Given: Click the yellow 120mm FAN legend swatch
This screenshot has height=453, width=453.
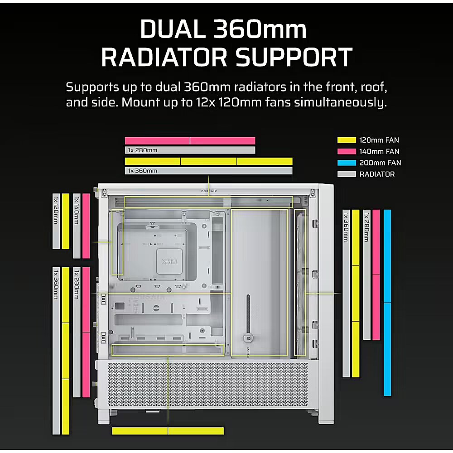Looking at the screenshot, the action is [347, 140].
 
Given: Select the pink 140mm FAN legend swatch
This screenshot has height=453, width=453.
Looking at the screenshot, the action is [347, 151].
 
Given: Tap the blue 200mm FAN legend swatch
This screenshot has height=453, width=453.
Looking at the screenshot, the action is [347, 163].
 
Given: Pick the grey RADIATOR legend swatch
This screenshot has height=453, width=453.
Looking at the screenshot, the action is [347, 174].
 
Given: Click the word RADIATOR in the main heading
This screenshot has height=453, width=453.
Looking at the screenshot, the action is [164, 57].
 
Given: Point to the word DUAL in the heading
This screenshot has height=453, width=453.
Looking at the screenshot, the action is [173, 29].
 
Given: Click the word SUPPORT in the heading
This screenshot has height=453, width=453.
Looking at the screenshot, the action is [294, 57].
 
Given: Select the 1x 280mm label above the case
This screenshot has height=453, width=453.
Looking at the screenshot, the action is [143, 150].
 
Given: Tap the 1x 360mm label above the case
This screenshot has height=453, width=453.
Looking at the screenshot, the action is [143, 171].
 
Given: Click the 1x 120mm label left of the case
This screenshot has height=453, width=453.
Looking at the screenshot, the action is [56, 210].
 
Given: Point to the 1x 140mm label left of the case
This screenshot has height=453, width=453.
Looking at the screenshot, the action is [77, 210].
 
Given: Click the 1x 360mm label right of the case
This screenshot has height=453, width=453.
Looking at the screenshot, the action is [346, 227].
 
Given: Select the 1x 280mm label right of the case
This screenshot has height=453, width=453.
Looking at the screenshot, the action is [366, 227].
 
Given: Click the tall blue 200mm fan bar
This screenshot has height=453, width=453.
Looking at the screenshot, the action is [387, 303].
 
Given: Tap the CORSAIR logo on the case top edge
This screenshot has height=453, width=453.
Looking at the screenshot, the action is [209, 191].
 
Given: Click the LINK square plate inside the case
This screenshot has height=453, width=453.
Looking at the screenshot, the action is [169, 261].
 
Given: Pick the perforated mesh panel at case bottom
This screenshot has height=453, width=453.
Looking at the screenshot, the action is [208, 384].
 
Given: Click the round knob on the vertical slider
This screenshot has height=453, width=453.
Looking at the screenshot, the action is [248, 337].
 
